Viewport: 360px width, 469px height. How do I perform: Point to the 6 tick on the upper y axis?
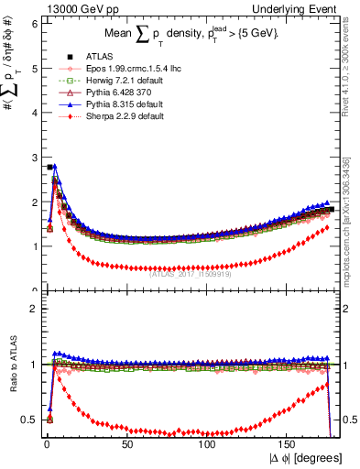pyautogui.click(x=34, y=25)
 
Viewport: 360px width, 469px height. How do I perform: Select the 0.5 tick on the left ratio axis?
pyautogui.click(x=30, y=420)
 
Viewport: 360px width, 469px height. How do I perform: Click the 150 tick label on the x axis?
pyautogui.click(x=288, y=443)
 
